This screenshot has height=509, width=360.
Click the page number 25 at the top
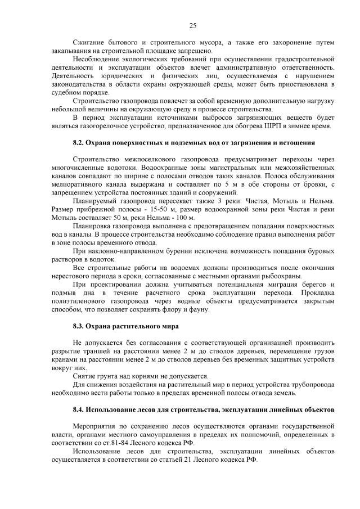click(x=192, y=25)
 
